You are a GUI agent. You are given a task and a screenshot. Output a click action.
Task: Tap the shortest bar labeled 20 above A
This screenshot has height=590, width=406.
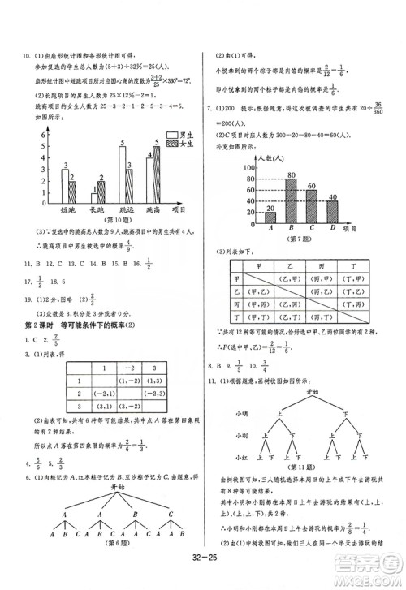tap(270, 217)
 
